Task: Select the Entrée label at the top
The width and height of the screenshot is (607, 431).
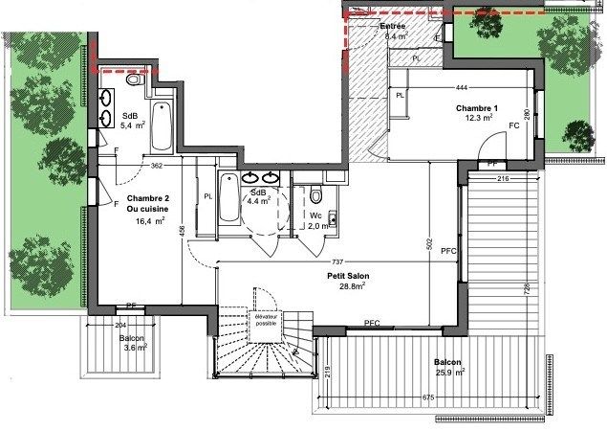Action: [394, 27]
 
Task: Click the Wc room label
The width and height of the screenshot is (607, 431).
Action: [315, 216]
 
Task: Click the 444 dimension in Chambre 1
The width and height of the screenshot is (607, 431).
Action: [461, 87]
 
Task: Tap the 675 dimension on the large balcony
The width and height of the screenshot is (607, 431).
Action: [428, 397]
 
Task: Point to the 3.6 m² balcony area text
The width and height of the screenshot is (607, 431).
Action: [133, 349]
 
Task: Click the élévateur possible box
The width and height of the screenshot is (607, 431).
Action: [265, 320]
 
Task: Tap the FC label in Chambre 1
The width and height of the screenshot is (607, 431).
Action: [513, 125]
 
